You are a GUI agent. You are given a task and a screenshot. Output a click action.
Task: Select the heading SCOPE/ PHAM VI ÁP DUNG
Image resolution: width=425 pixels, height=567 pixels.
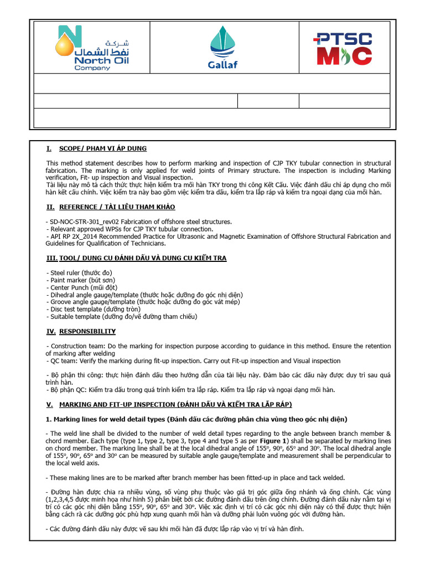click(103, 148)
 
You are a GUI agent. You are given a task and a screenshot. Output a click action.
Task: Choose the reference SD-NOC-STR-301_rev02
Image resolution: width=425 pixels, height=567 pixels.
click(86, 221)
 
